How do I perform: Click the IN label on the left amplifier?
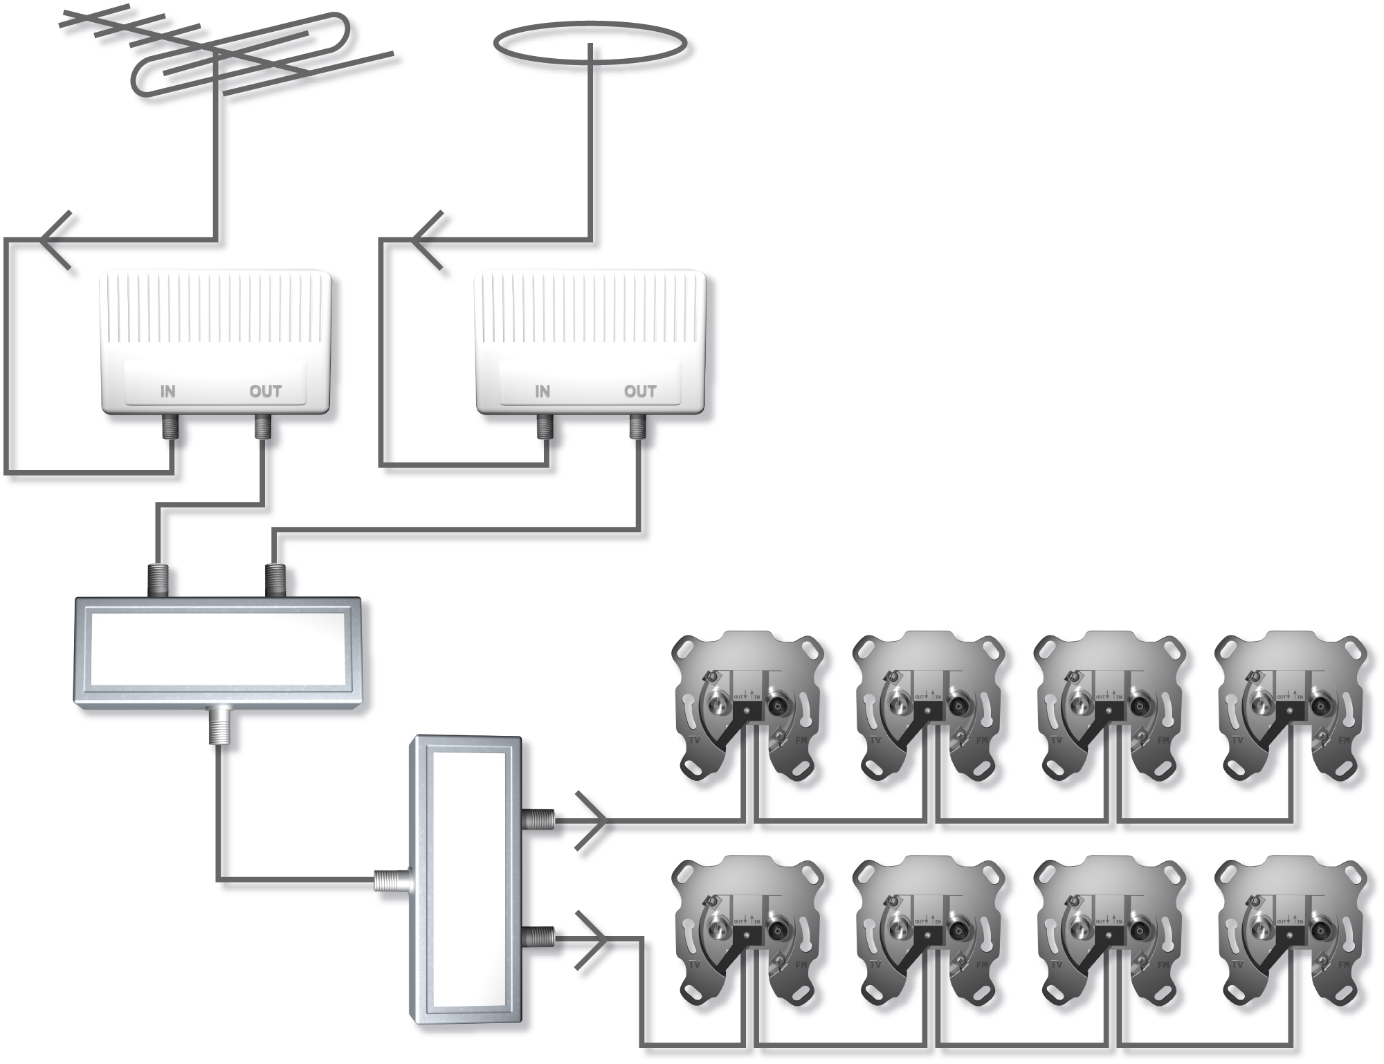[x=168, y=391]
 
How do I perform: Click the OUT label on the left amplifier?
[x=266, y=391]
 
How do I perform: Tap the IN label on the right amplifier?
[x=543, y=391]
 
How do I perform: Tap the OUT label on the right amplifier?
[x=640, y=391]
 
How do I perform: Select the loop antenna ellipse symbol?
[x=590, y=54]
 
